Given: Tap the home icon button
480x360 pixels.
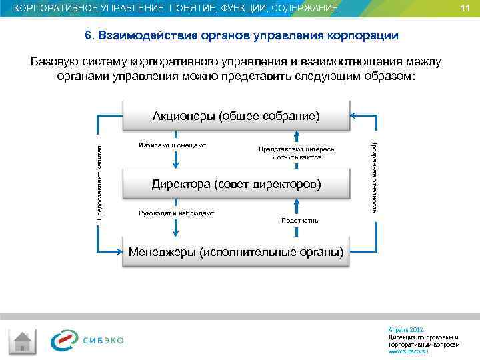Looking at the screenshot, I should [25, 342].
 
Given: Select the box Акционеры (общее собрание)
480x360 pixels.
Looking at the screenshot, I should [236, 116].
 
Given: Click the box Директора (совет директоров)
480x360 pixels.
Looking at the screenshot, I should [236, 183].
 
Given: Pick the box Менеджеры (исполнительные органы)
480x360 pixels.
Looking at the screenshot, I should [236, 253].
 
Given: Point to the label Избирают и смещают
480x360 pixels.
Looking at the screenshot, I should [172, 145].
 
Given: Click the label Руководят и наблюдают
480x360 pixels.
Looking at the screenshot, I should [176, 213].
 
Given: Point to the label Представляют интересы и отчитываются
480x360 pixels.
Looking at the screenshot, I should [297, 153].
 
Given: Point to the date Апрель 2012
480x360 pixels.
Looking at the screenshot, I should [405, 330].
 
